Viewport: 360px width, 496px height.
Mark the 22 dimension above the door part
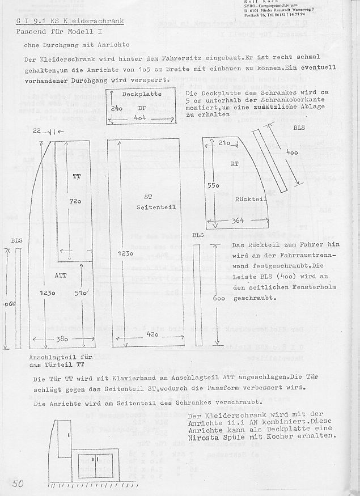(36, 131)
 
